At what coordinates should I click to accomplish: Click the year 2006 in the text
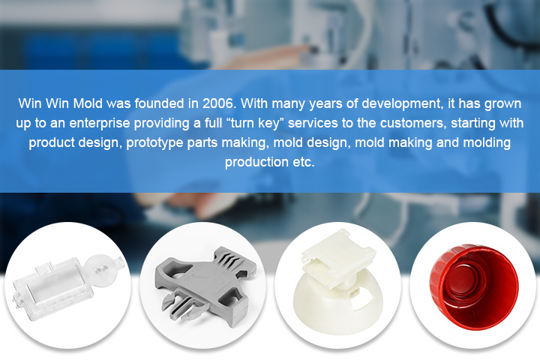219,103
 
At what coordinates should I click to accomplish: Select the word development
402,104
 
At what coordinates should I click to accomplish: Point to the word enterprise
100,123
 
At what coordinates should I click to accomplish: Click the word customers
413,123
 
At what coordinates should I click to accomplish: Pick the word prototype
154,143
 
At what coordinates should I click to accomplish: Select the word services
313,123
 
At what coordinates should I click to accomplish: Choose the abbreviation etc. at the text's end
304,162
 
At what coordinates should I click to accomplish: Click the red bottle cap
474,287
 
